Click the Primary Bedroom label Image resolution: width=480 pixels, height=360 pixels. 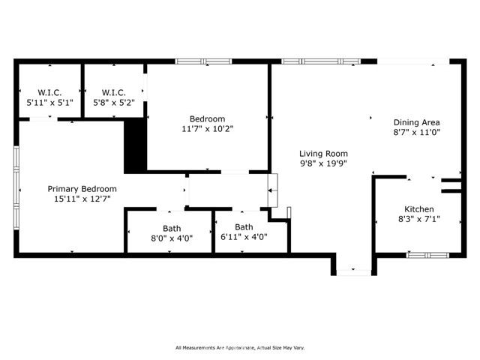click(x=82, y=189)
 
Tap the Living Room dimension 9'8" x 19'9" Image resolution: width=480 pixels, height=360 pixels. click(x=323, y=163)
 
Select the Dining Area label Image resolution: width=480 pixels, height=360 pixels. click(x=417, y=122)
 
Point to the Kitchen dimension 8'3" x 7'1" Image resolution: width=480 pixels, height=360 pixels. click(x=419, y=219)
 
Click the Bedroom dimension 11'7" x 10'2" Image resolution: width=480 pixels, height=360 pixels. click(x=208, y=129)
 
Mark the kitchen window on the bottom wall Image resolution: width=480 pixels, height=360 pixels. click(x=427, y=255)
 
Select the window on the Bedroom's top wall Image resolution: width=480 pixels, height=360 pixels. click(x=203, y=61)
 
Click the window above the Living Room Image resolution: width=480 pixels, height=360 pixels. click(x=321, y=61)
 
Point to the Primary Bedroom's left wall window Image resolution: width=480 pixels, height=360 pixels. click(x=16, y=188)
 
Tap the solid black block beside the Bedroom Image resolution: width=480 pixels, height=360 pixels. click(x=135, y=145)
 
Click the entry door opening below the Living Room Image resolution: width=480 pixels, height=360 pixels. click(x=354, y=272)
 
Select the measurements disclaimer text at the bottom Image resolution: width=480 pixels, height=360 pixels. click(x=240, y=348)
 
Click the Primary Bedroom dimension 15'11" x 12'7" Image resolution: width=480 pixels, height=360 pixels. click(x=82, y=199)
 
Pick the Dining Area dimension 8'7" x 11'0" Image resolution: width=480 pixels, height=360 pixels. click(x=417, y=133)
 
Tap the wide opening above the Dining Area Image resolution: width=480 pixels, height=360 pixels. click(x=413, y=61)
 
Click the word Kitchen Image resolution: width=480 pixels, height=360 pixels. click(x=419, y=209)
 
